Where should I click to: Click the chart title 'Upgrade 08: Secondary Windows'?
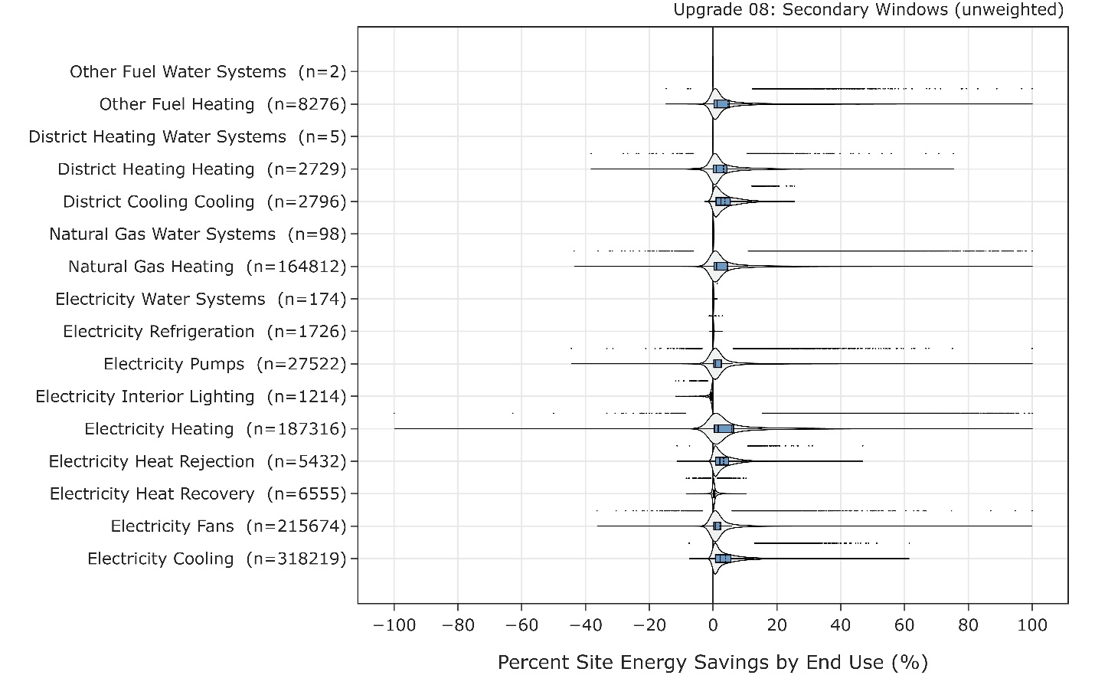(x=868, y=10)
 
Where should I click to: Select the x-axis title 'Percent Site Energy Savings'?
(x=712, y=662)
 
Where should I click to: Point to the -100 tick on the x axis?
(x=394, y=625)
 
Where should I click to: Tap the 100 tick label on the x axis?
(x=1032, y=625)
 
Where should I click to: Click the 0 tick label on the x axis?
(x=713, y=625)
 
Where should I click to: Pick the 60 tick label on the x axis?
(x=904, y=625)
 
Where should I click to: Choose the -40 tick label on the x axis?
(x=586, y=625)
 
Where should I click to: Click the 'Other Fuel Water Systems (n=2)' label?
(x=208, y=72)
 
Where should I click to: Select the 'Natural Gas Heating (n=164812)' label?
(x=207, y=267)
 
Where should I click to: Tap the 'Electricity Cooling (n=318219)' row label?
(x=217, y=559)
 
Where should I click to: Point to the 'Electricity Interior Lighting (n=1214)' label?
(x=191, y=397)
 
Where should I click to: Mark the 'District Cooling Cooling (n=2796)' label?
(x=204, y=202)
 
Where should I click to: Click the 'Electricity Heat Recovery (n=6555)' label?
(x=198, y=494)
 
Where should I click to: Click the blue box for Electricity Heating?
(x=724, y=429)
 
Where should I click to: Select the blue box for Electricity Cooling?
(x=722, y=559)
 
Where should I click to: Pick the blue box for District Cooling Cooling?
(x=723, y=202)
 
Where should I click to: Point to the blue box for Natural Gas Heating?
(x=721, y=267)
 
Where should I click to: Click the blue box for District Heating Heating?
(x=720, y=169)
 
